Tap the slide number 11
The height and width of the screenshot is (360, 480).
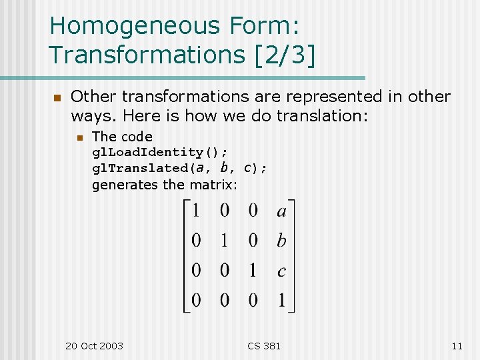tap(457, 345)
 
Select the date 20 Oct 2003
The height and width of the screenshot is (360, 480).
tap(94, 345)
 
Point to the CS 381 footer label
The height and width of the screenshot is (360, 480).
tap(264, 345)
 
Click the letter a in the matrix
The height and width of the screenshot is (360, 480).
tap(281, 211)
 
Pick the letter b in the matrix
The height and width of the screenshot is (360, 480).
tap(281, 241)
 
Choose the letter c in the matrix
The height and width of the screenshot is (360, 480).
tap(281, 271)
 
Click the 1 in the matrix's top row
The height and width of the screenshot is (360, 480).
tap(196, 211)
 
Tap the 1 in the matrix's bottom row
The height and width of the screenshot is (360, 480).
tap(281, 301)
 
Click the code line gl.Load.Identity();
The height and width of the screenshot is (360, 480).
tap(164, 153)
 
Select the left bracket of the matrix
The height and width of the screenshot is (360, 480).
tap(186, 256)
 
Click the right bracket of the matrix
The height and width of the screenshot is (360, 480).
tap(292, 256)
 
